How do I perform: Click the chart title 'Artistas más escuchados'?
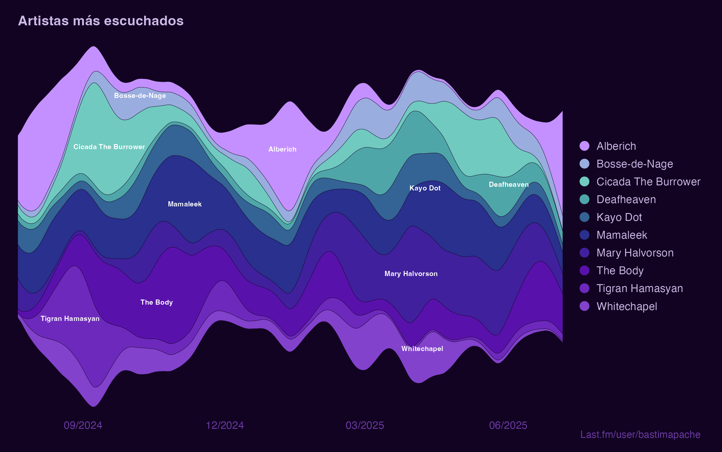pos(101,21)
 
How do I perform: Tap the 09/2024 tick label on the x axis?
pos(83,425)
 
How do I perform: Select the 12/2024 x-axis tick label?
pos(225,425)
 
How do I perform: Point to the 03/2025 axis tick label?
pos(365,425)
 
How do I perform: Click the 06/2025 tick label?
pos(508,425)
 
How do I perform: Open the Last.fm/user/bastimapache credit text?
pos(640,435)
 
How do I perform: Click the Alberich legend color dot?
pos(584,146)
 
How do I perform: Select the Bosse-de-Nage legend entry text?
pos(635,164)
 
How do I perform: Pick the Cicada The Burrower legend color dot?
pos(584,181)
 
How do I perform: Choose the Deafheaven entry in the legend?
pos(626,199)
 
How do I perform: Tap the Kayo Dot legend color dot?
pos(584,217)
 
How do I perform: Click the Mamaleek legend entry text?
pos(622,235)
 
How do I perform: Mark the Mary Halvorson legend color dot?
pos(584,253)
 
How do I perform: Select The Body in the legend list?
pos(620,271)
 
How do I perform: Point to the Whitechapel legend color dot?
pos(584,306)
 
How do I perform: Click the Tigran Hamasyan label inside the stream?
pos(70,319)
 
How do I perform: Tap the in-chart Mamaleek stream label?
pos(185,204)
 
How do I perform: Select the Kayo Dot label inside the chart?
pos(425,188)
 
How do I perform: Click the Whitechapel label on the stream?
pos(422,349)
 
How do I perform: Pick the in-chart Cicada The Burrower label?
pos(109,147)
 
